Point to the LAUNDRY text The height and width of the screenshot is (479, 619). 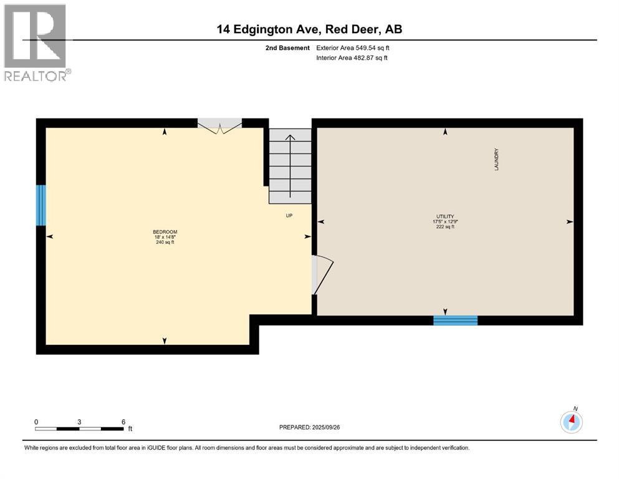point(497,160)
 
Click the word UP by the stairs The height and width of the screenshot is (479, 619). point(289,216)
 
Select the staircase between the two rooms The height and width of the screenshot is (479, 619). point(290,166)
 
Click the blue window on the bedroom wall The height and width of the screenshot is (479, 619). point(41,205)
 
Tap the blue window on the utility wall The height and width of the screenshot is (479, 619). point(455,321)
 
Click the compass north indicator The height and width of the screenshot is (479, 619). point(572,421)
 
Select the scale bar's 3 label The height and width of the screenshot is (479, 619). point(80,422)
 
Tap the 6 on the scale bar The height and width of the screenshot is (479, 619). point(123,422)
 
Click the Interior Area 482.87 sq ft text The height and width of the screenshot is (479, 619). point(353,58)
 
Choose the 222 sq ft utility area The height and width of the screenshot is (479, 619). point(444,227)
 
